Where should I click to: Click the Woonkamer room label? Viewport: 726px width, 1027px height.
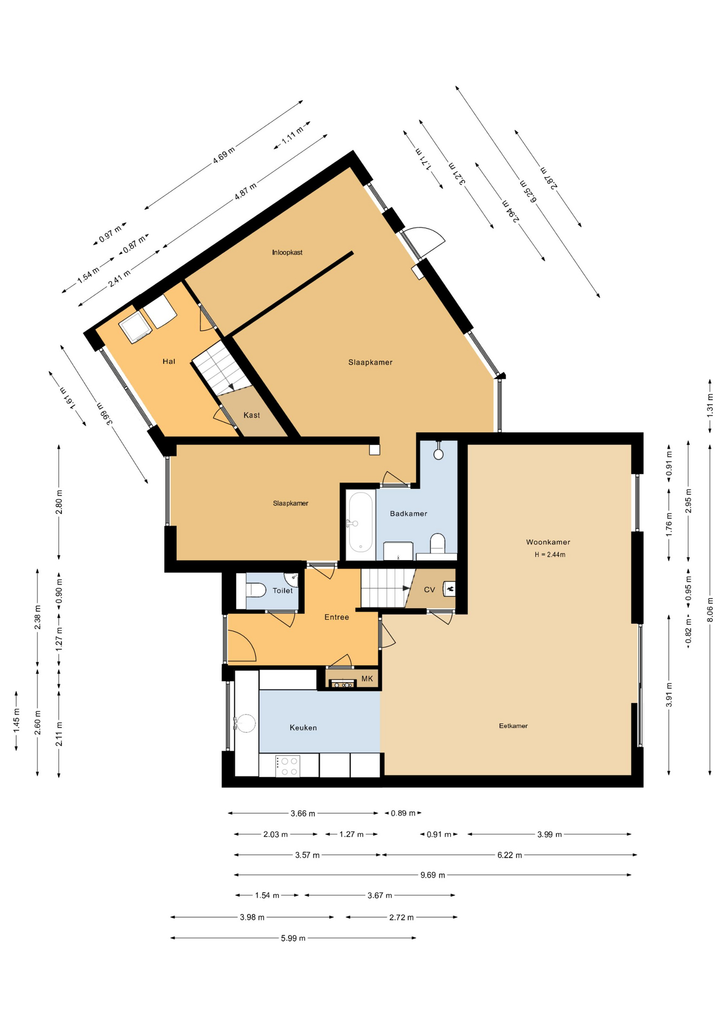click(x=548, y=542)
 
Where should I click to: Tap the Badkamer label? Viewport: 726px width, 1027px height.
click(x=408, y=513)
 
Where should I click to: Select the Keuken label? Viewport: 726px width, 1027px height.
click(x=303, y=727)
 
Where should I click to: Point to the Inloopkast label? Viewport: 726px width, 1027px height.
click(x=287, y=252)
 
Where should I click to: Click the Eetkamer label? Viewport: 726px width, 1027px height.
click(x=513, y=726)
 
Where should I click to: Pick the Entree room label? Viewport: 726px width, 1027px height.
click(x=337, y=617)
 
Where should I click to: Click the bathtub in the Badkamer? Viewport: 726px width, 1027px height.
click(x=360, y=523)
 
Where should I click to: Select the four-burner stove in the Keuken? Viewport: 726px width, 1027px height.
click(x=288, y=765)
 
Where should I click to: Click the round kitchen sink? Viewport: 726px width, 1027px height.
click(x=246, y=723)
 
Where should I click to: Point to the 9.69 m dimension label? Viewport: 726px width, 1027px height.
click(x=433, y=875)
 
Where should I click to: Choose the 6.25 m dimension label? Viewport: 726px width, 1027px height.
click(x=528, y=191)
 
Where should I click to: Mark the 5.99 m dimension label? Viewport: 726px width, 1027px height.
click(x=293, y=938)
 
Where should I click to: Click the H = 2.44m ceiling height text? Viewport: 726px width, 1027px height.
click(x=550, y=555)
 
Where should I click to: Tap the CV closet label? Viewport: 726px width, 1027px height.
click(x=429, y=590)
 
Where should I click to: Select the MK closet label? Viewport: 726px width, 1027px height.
click(x=367, y=679)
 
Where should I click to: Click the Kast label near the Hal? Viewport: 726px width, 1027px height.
click(x=252, y=415)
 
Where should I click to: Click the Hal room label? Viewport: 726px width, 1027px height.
click(x=169, y=362)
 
